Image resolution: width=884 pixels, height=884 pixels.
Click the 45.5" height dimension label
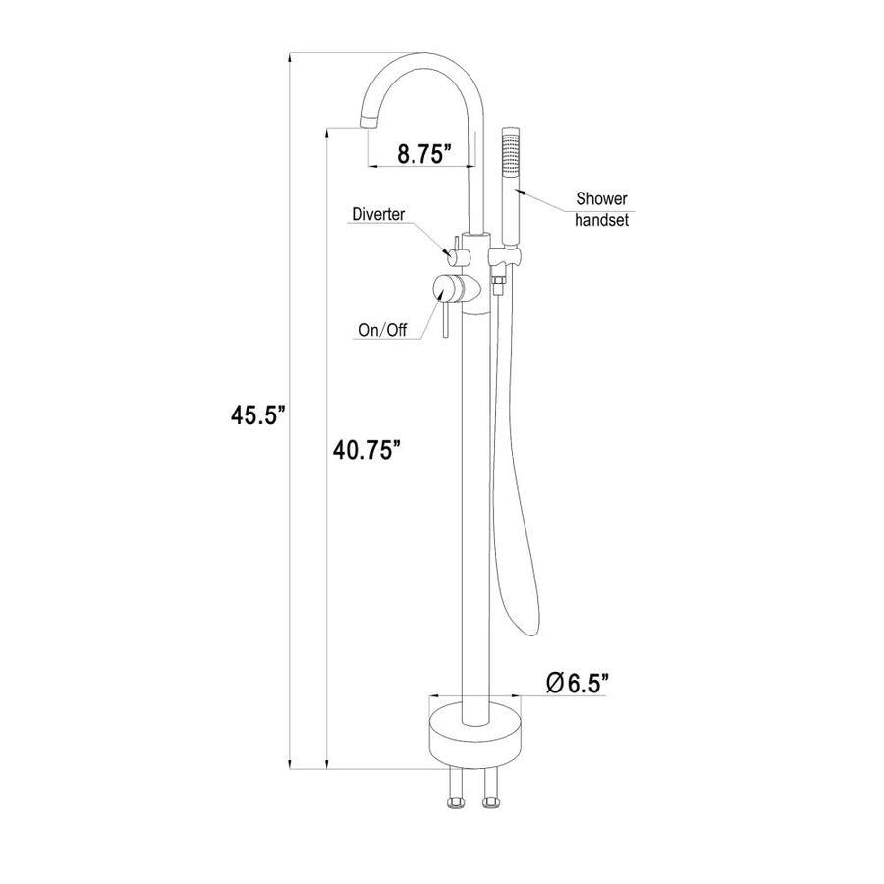click(x=258, y=415)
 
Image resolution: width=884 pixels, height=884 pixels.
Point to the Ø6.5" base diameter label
click(x=578, y=683)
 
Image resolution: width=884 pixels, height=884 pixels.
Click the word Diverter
click(x=378, y=214)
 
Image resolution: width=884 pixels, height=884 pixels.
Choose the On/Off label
click(x=383, y=330)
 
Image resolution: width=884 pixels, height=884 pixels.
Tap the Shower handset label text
click(x=601, y=208)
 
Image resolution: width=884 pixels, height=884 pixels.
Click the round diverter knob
click(x=453, y=258)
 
